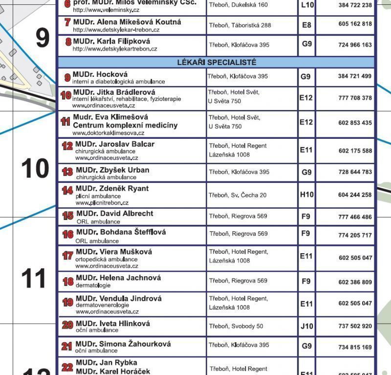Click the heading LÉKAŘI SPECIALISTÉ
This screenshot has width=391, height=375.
pos(216,63)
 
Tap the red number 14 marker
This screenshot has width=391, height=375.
pos(67,191)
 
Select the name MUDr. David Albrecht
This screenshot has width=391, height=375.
pos(114,214)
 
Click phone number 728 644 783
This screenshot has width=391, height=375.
pos(355,172)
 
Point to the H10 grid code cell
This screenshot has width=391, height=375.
pos(306,195)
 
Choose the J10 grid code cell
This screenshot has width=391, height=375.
pos(306,326)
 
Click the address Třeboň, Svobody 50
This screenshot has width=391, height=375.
pos(236,326)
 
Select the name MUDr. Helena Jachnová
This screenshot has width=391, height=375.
pos(118,278)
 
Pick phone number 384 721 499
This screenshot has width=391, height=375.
pos(355,76)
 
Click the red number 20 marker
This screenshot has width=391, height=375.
pos(67,325)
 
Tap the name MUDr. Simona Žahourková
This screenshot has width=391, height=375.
pos(123,344)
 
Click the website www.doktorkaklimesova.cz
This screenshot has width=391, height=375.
pos(108,133)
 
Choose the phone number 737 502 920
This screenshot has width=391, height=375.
pos(355,326)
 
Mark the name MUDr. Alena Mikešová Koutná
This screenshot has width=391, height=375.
pos(127,22)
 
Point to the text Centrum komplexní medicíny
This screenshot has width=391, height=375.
pos(125,125)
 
